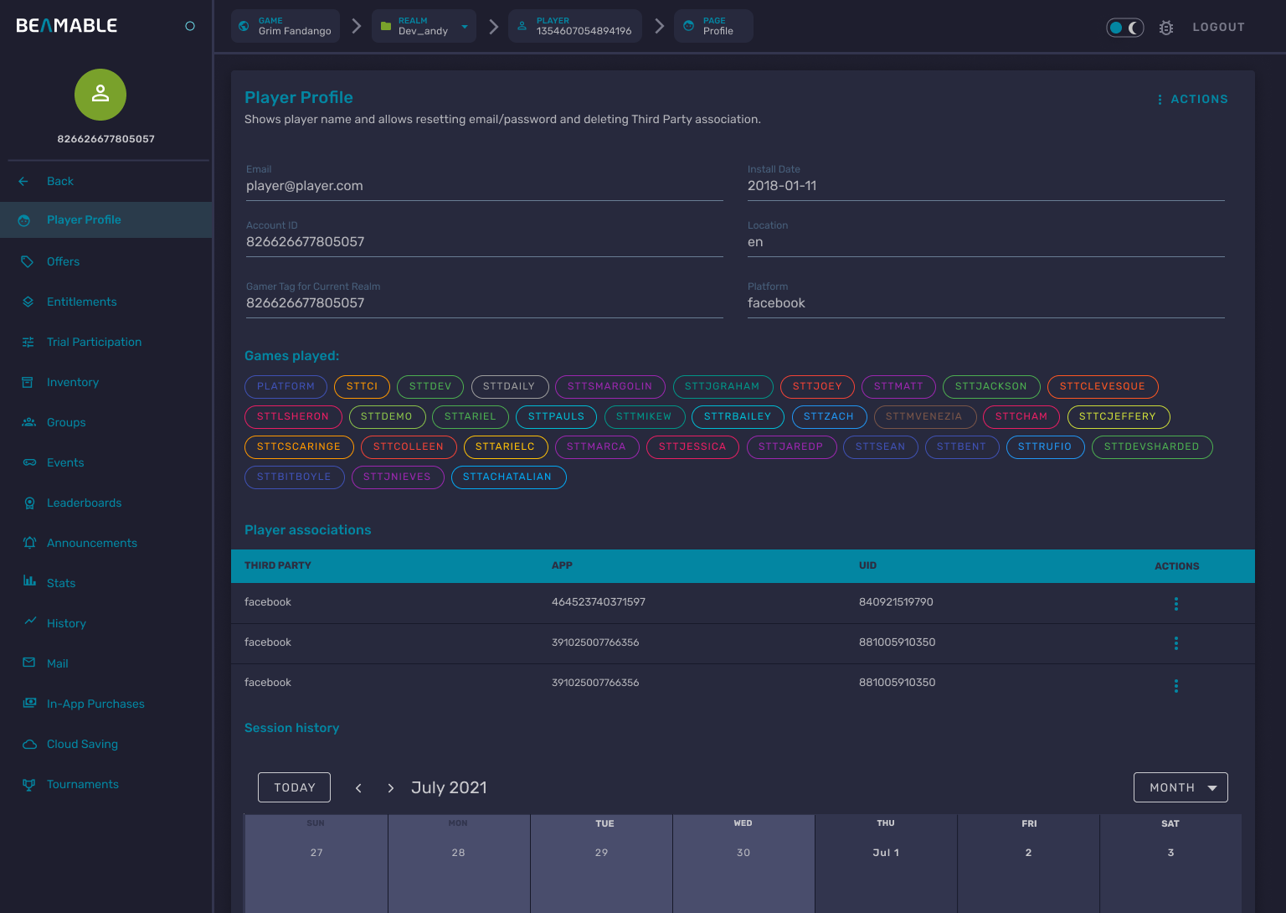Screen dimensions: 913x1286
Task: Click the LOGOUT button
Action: coord(1218,28)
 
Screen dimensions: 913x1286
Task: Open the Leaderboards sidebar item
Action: coord(84,503)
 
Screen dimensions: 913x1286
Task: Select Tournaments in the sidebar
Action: coord(82,784)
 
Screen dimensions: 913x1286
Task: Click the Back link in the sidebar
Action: coord(59,181)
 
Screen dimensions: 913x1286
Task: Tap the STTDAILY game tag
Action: coord(509,386)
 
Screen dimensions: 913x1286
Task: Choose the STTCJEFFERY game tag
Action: coord(1118,416)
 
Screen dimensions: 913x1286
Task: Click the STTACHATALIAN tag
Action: coord(507,477)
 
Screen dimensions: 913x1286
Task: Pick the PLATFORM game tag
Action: coord(285,386)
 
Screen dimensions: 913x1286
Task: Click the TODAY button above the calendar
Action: coord(294,787)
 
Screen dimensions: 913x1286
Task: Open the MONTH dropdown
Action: coord(1180,787)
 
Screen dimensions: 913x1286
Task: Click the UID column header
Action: coord(867,565)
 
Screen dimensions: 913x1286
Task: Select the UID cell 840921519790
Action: coord(896,602)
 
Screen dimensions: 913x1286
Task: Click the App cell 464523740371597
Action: coord(598,602)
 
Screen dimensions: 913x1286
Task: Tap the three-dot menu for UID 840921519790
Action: coord(1175,604)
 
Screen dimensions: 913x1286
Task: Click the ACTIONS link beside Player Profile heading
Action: coord(1192,99)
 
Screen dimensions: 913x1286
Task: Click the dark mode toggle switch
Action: coord(1124,28)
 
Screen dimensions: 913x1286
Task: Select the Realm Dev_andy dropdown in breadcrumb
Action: coord(424,26)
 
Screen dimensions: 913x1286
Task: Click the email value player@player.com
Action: coord(305,186)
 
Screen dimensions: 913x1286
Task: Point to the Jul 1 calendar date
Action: coord(886,853)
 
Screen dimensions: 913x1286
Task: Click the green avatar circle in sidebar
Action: coord(100,95)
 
